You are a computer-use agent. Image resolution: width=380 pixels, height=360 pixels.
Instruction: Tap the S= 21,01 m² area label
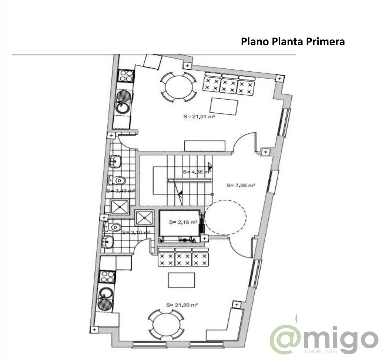pos(199,117)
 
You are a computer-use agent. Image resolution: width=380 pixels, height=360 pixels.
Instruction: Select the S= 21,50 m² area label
pos(182,305)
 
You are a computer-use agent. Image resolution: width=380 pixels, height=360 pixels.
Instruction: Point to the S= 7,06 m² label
pos(241,186)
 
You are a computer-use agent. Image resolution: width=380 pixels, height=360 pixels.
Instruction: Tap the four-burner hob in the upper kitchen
pos(125,76)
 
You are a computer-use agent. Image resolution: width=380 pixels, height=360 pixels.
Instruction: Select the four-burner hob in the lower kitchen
pos(107,277)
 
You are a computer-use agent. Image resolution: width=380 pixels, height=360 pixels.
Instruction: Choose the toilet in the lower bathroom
pos(113,227)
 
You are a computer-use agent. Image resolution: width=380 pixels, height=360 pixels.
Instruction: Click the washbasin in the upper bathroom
pos(115,162)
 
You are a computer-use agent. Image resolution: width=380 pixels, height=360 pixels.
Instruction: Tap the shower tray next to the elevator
pos(144,218)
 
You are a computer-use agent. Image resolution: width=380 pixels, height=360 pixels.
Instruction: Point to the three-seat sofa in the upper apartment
pos(228,85)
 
